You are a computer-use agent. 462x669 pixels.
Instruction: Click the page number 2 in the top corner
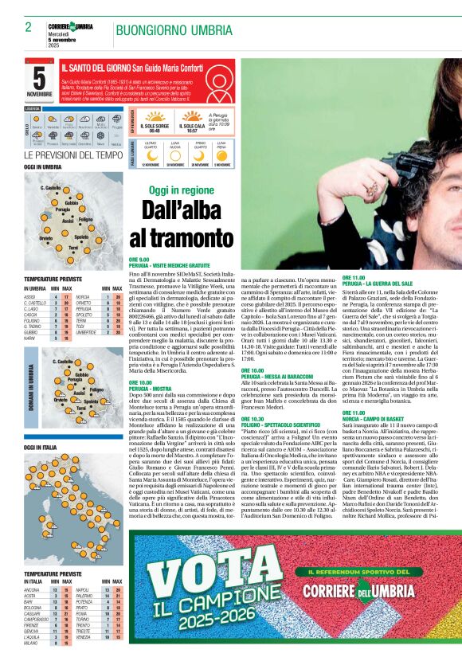28,27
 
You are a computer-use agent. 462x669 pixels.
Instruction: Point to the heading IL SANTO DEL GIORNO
95,70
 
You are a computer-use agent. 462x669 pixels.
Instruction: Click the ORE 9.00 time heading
139,260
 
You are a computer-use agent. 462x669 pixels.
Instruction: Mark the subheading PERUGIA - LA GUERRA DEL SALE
378,283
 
